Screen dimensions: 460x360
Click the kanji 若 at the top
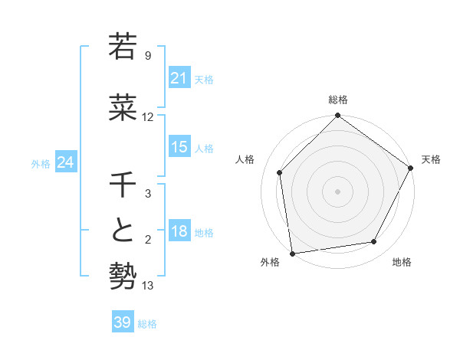(x=123, y=46)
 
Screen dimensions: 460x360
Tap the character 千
(x=123, y=185)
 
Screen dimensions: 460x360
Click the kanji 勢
(x=123, y=275)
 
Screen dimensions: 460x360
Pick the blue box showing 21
(x=179, y=79)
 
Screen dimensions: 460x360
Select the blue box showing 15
(x=179, y=148)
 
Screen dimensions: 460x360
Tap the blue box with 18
(x=179, y=232)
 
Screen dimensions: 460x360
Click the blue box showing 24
(x=65, y=162)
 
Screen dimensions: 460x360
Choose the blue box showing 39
(x=123, y=322)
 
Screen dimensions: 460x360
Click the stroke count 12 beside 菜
(x=148, y=117)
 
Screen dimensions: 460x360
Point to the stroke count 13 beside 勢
(x=148, y=286)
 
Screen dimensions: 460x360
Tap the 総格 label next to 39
(x=147, y=324)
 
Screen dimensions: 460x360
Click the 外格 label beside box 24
(x=41, y=163)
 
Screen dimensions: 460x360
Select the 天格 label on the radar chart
(x=431, y=159)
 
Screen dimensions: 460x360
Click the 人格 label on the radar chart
(x=245, y=159)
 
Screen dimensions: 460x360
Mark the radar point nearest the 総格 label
(x=337, y=116)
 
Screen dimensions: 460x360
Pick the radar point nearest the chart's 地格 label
(x=374, y=242)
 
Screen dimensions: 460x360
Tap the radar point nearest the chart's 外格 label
(x=292, y=253)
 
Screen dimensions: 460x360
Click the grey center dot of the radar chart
(x=337, y=191)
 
